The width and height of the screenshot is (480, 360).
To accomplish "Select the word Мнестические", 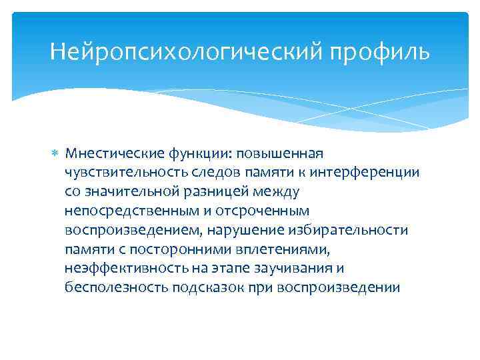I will pos(107,153).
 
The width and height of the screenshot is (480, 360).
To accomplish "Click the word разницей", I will pos(215,192).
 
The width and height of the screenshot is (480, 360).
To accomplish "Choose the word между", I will pos(277,192).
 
